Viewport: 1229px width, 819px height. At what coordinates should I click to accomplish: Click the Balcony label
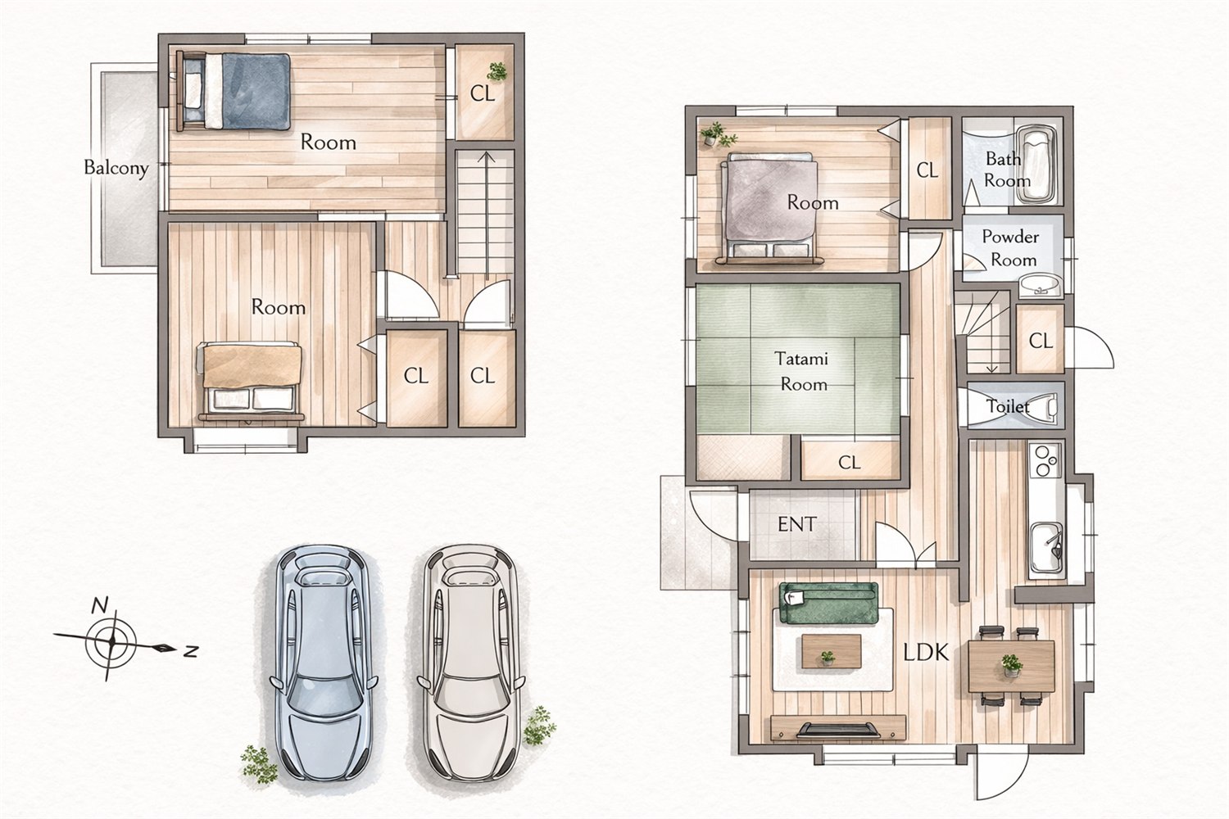(116, 168)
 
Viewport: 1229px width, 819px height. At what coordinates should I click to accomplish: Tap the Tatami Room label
(804, 371)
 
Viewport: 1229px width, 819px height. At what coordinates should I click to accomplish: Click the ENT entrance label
(797, 524)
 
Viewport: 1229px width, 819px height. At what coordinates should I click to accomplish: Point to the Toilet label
(1008, 406)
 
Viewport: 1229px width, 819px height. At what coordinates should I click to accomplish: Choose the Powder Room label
(1010, 248)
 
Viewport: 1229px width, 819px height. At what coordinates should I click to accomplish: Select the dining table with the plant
(1011, 666)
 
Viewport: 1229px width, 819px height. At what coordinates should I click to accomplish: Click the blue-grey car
(324, 662)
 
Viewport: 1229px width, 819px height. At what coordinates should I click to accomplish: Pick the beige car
(470, 662)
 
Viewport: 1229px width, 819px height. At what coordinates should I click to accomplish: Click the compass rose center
(111, 640)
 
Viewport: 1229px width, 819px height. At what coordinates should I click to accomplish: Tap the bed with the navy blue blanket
(234, 91)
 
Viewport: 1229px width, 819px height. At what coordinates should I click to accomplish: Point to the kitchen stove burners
(1045, 461)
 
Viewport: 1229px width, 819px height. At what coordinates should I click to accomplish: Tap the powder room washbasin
(1041, 285)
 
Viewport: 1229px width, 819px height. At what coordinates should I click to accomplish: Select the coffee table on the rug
(832, 652)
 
